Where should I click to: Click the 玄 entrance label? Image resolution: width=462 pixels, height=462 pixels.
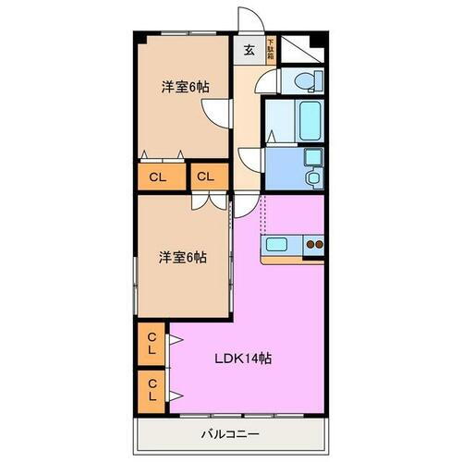249,52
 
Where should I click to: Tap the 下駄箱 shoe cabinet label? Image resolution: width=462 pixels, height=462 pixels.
271,49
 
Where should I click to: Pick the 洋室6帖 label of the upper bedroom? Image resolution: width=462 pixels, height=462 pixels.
185,87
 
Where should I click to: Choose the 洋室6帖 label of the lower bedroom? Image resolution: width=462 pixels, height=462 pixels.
181,258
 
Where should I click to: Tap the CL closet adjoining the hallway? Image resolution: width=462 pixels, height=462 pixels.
208,175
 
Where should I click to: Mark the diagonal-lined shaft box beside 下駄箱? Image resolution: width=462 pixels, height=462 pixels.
297,47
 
